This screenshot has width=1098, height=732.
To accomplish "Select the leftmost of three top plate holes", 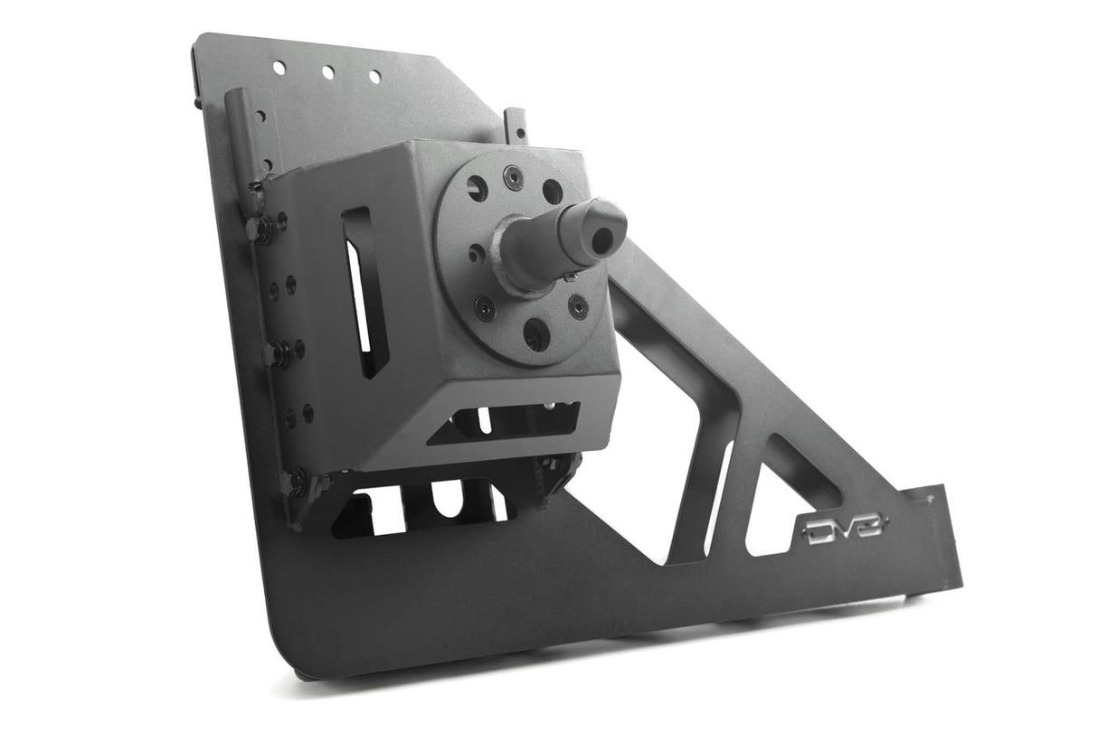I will tap(279, 67).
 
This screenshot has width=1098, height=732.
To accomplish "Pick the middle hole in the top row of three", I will tap(328, 72).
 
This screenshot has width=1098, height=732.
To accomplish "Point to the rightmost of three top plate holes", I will tap(374, 77).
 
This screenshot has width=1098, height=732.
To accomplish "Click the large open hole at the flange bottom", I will tap(535, 335).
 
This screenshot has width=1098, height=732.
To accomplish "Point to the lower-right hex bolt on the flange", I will tap(578, 307).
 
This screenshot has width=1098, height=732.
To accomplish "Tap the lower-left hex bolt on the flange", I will tap(485, 308).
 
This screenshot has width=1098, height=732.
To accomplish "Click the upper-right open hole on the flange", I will tap(553, 192).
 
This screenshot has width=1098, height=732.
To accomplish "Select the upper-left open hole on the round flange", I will tap(477, 188).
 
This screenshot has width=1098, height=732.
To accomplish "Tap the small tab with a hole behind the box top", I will tap(516, 124).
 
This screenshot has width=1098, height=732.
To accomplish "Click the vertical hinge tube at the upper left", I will tap(236, 136).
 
